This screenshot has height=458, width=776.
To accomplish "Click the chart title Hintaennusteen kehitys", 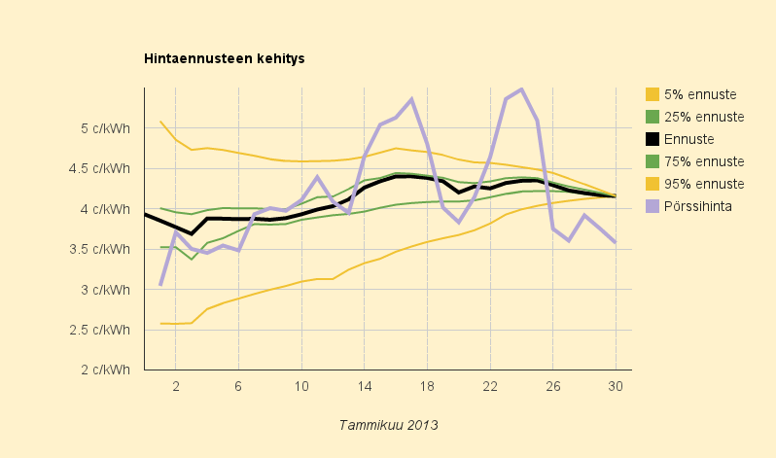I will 225,58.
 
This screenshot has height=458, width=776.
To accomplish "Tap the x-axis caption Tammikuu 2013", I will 389,425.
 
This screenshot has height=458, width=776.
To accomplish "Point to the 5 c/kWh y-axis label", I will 108,128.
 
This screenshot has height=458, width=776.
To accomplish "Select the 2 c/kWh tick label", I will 108,370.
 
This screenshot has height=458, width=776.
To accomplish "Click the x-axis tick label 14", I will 364,386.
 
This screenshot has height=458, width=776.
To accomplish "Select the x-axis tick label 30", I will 616,386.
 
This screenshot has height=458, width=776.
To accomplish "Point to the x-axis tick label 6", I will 238,386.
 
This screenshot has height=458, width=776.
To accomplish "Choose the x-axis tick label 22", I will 490,386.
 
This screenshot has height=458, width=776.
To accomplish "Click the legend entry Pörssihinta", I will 698,206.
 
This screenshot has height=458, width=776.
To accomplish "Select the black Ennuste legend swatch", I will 653,139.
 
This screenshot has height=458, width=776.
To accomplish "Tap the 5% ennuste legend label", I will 699,94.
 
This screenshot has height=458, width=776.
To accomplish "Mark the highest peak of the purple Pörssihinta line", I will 522,89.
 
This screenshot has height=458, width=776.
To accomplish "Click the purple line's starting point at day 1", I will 160,284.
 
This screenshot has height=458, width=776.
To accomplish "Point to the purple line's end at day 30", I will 616,242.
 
